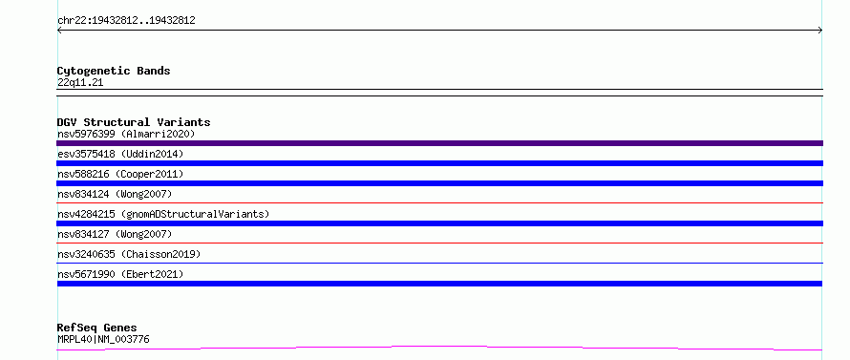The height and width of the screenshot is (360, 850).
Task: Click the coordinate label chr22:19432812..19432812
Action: tap(126, 21)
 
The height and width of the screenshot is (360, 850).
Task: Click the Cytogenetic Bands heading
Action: tap(114, 71)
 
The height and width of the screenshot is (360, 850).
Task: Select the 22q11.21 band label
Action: tap(80, 83)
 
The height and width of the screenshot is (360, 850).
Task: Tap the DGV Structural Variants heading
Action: tap(134, 122)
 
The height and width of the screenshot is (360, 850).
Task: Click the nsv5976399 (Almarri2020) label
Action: tap(126, 134)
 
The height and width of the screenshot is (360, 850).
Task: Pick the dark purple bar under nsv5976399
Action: tap(439, 143)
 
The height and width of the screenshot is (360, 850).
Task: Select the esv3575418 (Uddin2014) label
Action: tap(120, 154)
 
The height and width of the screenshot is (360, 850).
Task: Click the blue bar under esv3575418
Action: tap(439, 163)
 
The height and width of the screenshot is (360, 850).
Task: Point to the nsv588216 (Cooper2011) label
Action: tap(120, 174)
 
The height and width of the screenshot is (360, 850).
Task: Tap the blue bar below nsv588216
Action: tap(439, 183)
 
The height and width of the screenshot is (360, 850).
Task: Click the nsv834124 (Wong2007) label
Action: tap(115, 194)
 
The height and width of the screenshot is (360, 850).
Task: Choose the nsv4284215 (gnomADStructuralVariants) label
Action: tap(163, 214)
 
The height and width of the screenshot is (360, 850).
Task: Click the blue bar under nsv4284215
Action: tap(439, 223)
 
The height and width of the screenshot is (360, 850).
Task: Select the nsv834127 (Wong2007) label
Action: tap(115, 234)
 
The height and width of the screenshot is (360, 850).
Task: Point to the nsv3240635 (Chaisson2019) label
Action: tap(129, 254)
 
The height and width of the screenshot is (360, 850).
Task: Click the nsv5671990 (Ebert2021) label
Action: tap(120, 274)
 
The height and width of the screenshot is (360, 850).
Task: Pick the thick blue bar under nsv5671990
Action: tap(439, 284)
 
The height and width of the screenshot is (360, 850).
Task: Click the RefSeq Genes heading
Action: tap(97, 328)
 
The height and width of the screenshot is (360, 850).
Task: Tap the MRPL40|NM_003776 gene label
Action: tap(103, 339)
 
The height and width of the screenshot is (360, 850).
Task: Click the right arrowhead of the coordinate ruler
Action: tap(821, 31)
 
